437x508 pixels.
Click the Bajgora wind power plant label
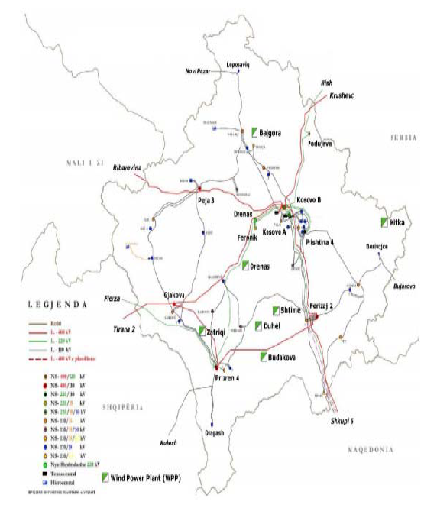pos(271,132)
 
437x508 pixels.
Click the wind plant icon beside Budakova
pos(262,357)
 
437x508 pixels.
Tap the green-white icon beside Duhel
pos(259,326)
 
